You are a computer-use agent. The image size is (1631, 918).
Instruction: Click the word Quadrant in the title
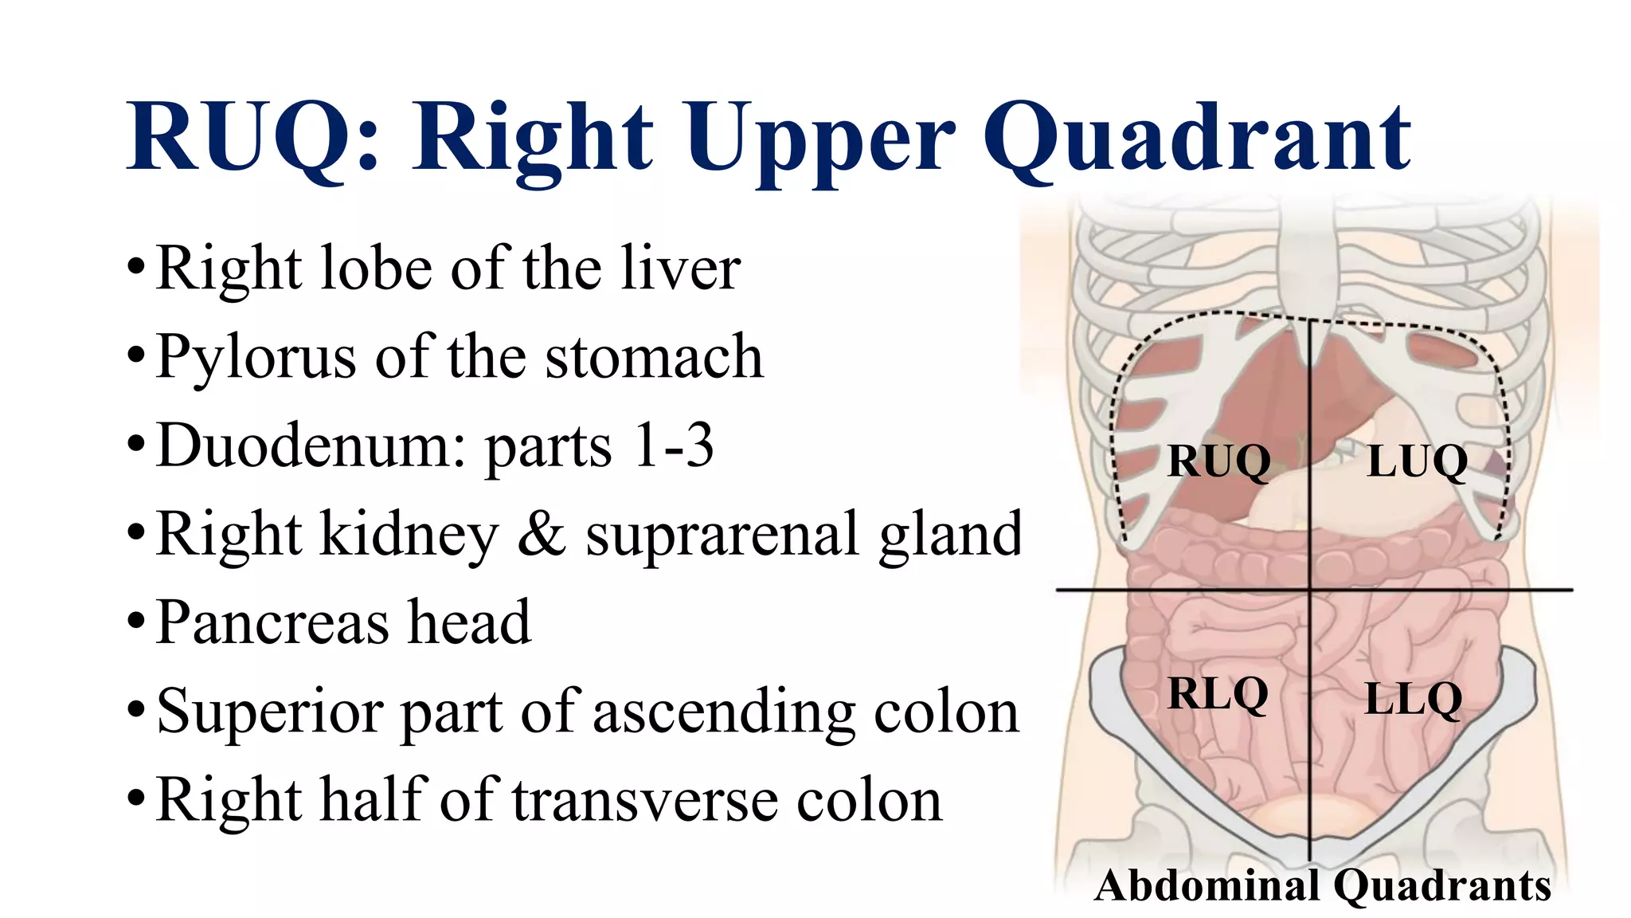coord(1197,139)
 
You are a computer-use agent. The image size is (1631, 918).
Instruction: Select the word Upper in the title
coord(819,139)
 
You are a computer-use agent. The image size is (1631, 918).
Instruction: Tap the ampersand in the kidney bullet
coord(541,535)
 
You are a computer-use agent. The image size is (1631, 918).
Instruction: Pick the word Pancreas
coord(272,622)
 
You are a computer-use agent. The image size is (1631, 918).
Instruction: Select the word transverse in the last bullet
coord(644,800)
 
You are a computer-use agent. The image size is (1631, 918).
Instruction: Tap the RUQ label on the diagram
coord(1218,461)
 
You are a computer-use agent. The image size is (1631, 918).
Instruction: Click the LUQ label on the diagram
coord(1417,461)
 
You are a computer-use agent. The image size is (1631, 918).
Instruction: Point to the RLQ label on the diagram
coord(1217,693)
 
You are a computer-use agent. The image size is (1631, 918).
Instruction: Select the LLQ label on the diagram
coord(1414,699)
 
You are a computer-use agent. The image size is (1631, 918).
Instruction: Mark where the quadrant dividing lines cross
coord(1310,590)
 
